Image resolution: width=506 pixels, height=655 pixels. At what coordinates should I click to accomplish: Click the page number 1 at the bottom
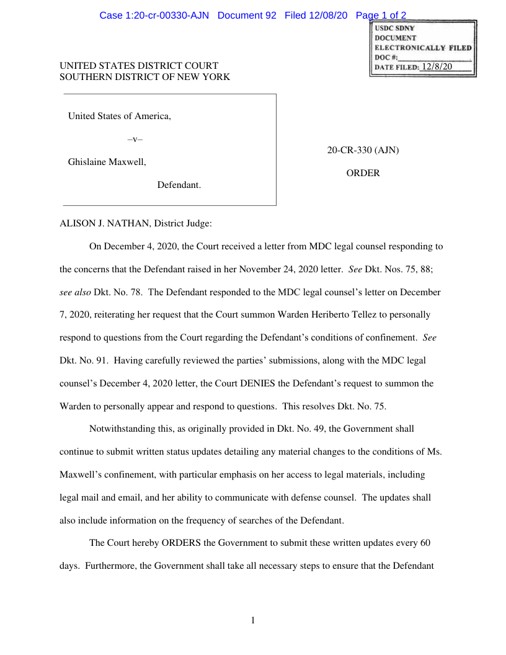tap(253, 620)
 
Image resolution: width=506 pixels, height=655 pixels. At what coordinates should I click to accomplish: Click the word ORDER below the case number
tap(363, 174)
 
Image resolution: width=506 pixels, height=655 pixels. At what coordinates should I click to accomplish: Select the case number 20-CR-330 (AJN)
tap(363, 150)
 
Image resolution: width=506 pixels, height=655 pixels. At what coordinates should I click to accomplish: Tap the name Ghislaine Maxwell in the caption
tap(106, 162)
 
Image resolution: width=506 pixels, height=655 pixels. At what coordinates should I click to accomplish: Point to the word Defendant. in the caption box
tap(179, 185)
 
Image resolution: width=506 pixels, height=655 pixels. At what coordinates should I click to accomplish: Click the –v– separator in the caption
tap(135, 139)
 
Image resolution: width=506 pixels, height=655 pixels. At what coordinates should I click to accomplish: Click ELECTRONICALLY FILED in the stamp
tap(423, 47)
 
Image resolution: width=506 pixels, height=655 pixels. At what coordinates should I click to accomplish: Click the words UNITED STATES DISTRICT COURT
tap(139, 66)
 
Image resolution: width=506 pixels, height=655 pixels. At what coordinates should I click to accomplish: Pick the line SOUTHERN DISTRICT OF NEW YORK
tap(144, 77)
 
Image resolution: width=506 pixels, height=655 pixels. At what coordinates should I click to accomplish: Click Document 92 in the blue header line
tap(247, 16)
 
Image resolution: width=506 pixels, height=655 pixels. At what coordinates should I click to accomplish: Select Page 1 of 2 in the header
tap(376, 16)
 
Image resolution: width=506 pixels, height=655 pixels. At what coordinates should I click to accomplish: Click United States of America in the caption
tap(119, 116)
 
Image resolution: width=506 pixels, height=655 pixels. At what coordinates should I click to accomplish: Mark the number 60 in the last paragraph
tap(425, 543)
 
